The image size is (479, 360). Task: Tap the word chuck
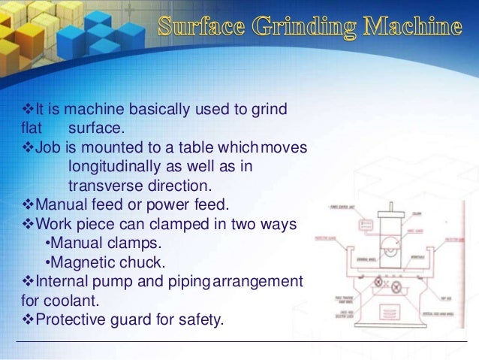[x=141, y=263]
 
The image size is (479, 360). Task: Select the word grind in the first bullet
[x=267, y=110]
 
